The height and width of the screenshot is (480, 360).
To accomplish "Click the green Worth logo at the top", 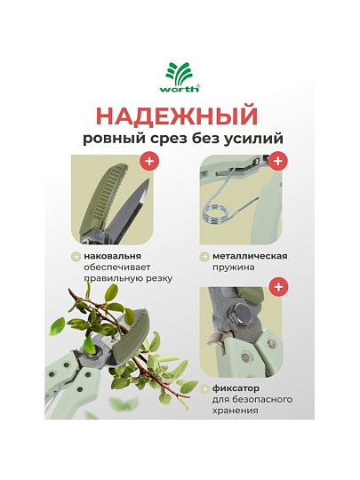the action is [x=180, y=76].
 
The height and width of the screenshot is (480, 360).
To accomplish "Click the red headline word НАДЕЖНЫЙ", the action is [x=177, y=116].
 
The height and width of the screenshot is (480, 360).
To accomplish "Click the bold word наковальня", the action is [x=113, y=256].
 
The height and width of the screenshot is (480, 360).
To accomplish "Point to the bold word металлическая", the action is [x=250, y=256].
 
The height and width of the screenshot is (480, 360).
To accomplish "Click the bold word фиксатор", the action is [x=236, y=388].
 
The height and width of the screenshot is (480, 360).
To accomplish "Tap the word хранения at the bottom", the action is [x=235, y=411].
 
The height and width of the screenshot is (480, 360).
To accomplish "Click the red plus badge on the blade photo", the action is [x=149, y=161].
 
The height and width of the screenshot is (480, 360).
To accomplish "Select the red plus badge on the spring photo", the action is [x=278, y=161].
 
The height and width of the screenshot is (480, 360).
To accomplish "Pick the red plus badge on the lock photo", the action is [x=278, y=287].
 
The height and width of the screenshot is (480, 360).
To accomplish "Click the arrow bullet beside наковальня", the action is [x=76, y=257].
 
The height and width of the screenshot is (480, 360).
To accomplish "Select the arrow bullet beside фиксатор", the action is [x=204, y=389].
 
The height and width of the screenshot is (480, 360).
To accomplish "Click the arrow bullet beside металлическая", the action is [x=204, y=257].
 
